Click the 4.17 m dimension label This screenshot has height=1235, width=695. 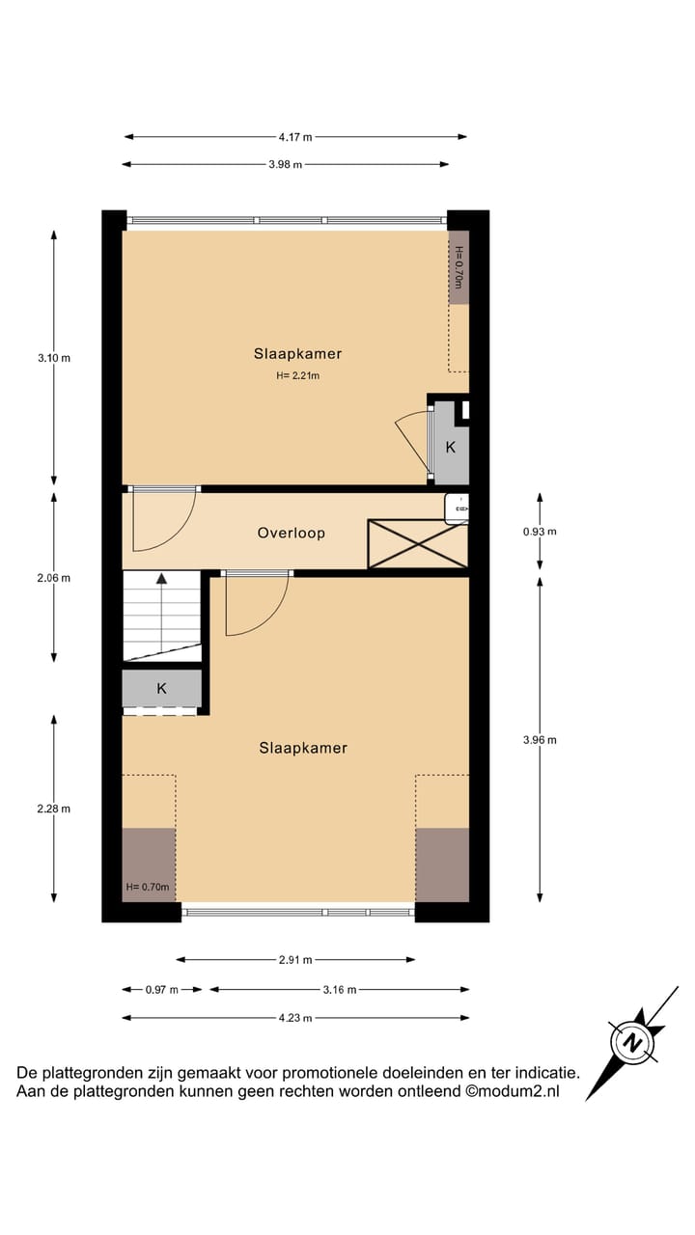coord(295,137)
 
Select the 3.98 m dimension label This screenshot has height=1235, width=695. coord(285,165)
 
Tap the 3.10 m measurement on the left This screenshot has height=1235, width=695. coord(54,358)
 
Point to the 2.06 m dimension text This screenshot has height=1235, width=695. coord(54,578)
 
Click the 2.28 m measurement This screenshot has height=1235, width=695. coord(54,809)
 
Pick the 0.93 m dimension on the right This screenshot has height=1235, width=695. coord(540,531)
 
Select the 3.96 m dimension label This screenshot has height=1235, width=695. coord(540,740)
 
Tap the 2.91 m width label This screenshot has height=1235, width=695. coord(295,960)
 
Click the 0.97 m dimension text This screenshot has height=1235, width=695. coord(162,990)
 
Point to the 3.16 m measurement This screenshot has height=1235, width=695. coord(339,990)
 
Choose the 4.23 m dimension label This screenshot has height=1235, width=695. coord(295,1018)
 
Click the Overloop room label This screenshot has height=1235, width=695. coord(291,533)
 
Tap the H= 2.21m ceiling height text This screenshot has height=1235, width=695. coord(297,376)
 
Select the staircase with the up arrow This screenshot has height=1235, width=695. coord(161,615)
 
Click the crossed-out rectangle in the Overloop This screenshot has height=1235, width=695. coord(417,544)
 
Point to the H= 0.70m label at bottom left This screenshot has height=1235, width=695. coord(148,888)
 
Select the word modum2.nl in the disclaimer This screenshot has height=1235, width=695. coord(519,1092)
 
